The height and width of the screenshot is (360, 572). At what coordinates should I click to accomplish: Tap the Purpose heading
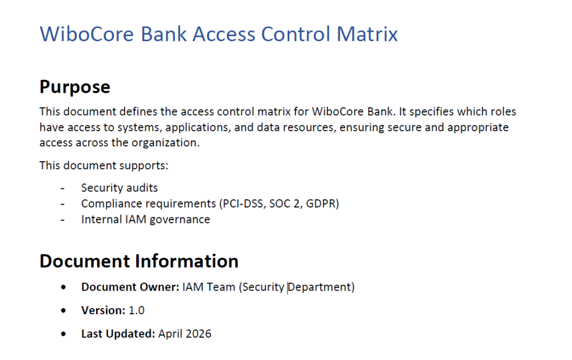coord(75,87)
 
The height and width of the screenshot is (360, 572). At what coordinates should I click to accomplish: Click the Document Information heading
coord(139,261)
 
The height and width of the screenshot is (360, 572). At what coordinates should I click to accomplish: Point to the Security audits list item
coord(120,188)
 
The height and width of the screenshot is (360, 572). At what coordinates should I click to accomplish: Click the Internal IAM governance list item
coord(145,219)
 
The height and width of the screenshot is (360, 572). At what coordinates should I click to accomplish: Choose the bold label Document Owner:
coord(130,287)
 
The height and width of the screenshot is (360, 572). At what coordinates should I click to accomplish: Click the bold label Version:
coord(103,310)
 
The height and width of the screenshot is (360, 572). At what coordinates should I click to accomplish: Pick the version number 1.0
coord(137,310)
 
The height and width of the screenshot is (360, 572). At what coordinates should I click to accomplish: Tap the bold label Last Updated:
coord(118,334)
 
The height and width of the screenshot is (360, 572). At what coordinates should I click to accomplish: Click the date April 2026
coord(185,334)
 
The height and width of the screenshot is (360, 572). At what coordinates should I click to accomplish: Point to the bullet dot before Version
coord(66,310)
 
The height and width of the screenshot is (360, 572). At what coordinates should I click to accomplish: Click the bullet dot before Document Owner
coord(66,287)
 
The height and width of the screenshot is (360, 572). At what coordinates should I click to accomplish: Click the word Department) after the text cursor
coord(322,287)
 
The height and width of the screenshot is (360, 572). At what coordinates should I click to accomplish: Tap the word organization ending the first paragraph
coord(164,143)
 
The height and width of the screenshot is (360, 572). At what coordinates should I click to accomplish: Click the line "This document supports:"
coord(103,165)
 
